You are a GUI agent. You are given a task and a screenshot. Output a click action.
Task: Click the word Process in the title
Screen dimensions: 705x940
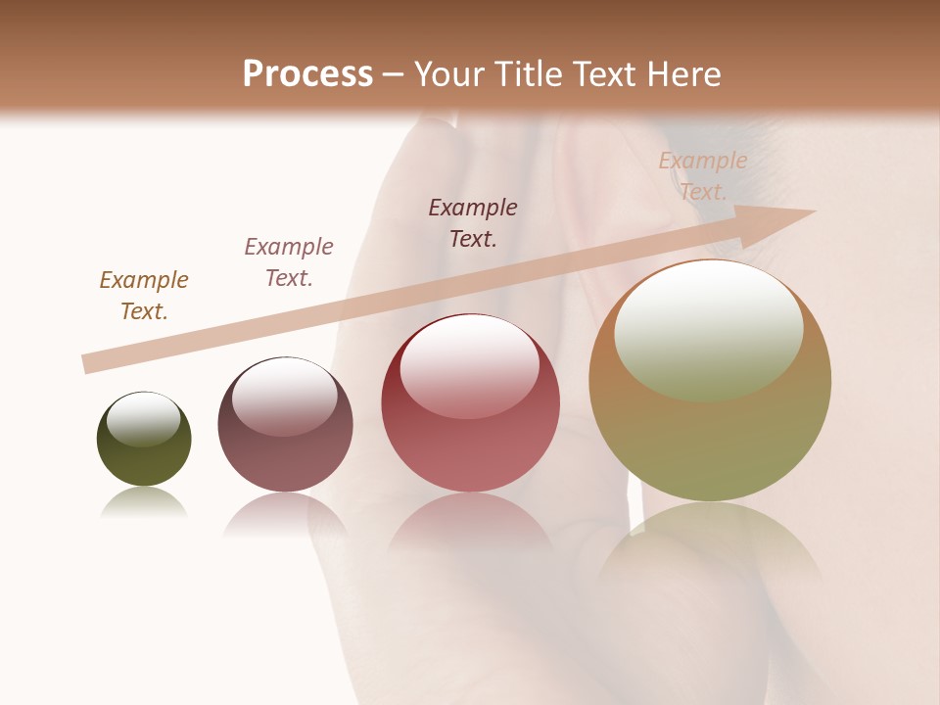(307, 74)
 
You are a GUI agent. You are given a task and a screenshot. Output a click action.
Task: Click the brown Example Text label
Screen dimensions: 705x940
(144, 296)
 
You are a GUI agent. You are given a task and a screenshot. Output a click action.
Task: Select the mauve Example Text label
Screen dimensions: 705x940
(289, 262)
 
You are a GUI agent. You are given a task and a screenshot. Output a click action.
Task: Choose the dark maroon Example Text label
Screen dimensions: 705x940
(473, 223)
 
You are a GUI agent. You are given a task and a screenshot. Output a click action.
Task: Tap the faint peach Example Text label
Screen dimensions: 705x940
(703, 176)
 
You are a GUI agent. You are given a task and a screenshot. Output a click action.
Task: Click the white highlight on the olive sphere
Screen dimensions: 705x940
(143, 419)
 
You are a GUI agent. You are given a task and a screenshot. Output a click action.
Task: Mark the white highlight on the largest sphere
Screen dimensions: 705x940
(709, 330)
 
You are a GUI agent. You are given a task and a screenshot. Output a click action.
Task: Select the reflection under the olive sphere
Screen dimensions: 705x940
(144, 503)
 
